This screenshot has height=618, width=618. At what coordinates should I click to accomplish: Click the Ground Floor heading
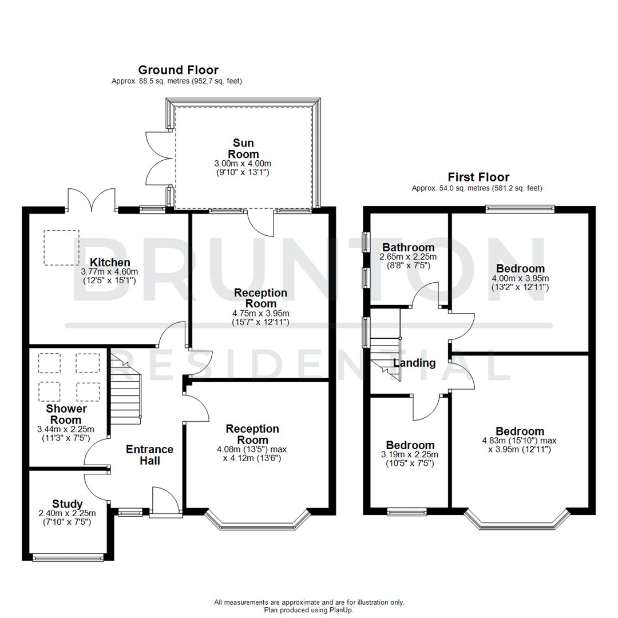(178, 70)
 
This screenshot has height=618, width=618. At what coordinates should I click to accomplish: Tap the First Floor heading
(478, 177)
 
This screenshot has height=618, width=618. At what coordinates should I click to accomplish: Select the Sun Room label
(243, 148)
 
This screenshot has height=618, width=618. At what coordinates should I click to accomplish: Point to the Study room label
(68, 504)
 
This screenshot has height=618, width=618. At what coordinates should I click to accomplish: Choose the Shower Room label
(67, 414)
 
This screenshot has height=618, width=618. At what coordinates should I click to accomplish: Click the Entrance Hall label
(149, 455)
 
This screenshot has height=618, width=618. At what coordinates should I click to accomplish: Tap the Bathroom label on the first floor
(408, 248)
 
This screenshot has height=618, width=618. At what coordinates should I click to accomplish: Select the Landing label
(414, 363)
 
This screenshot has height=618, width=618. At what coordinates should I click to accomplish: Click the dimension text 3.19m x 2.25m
(410, 455)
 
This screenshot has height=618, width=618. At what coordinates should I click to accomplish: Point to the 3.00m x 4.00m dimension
(243, 164)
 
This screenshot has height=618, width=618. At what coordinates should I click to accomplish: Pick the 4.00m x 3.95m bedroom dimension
(520, 278)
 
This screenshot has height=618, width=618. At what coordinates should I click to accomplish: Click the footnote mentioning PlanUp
(309, 610)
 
